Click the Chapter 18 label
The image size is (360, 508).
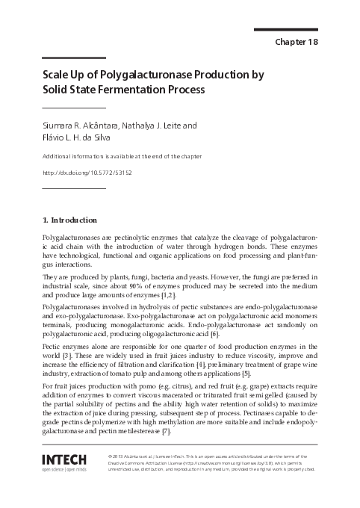tap(297, 42)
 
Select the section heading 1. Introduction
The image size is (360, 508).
tap(69, 220)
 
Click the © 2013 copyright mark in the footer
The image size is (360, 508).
tap(118, 456)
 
